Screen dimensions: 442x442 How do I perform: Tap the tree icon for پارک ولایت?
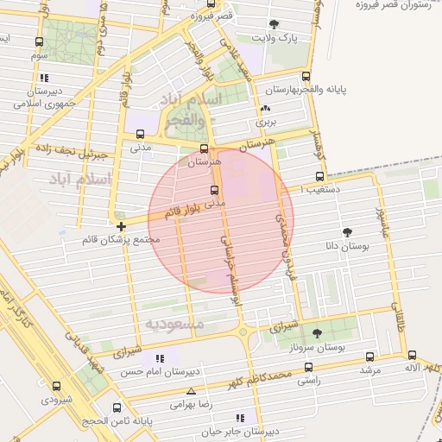pyautogui.click(x=275, y=24)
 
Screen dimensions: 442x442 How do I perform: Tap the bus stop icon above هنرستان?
pyautogui.click(x=204, y=148)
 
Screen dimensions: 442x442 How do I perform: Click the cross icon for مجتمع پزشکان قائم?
pyautogui.click(x=120, y=225)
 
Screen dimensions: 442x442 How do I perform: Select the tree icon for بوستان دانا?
pyautogui.click(x=347, y=232)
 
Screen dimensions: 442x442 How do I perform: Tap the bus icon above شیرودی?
pyautogui.click(x=57, y=386)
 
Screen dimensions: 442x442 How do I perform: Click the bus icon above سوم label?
pyautogui.click(x=38, y=41)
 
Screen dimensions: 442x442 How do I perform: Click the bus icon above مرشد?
pyautogui.click(x=369, y=356)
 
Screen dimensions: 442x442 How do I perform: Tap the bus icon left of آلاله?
pyautogui.click(x=412, y=355)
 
